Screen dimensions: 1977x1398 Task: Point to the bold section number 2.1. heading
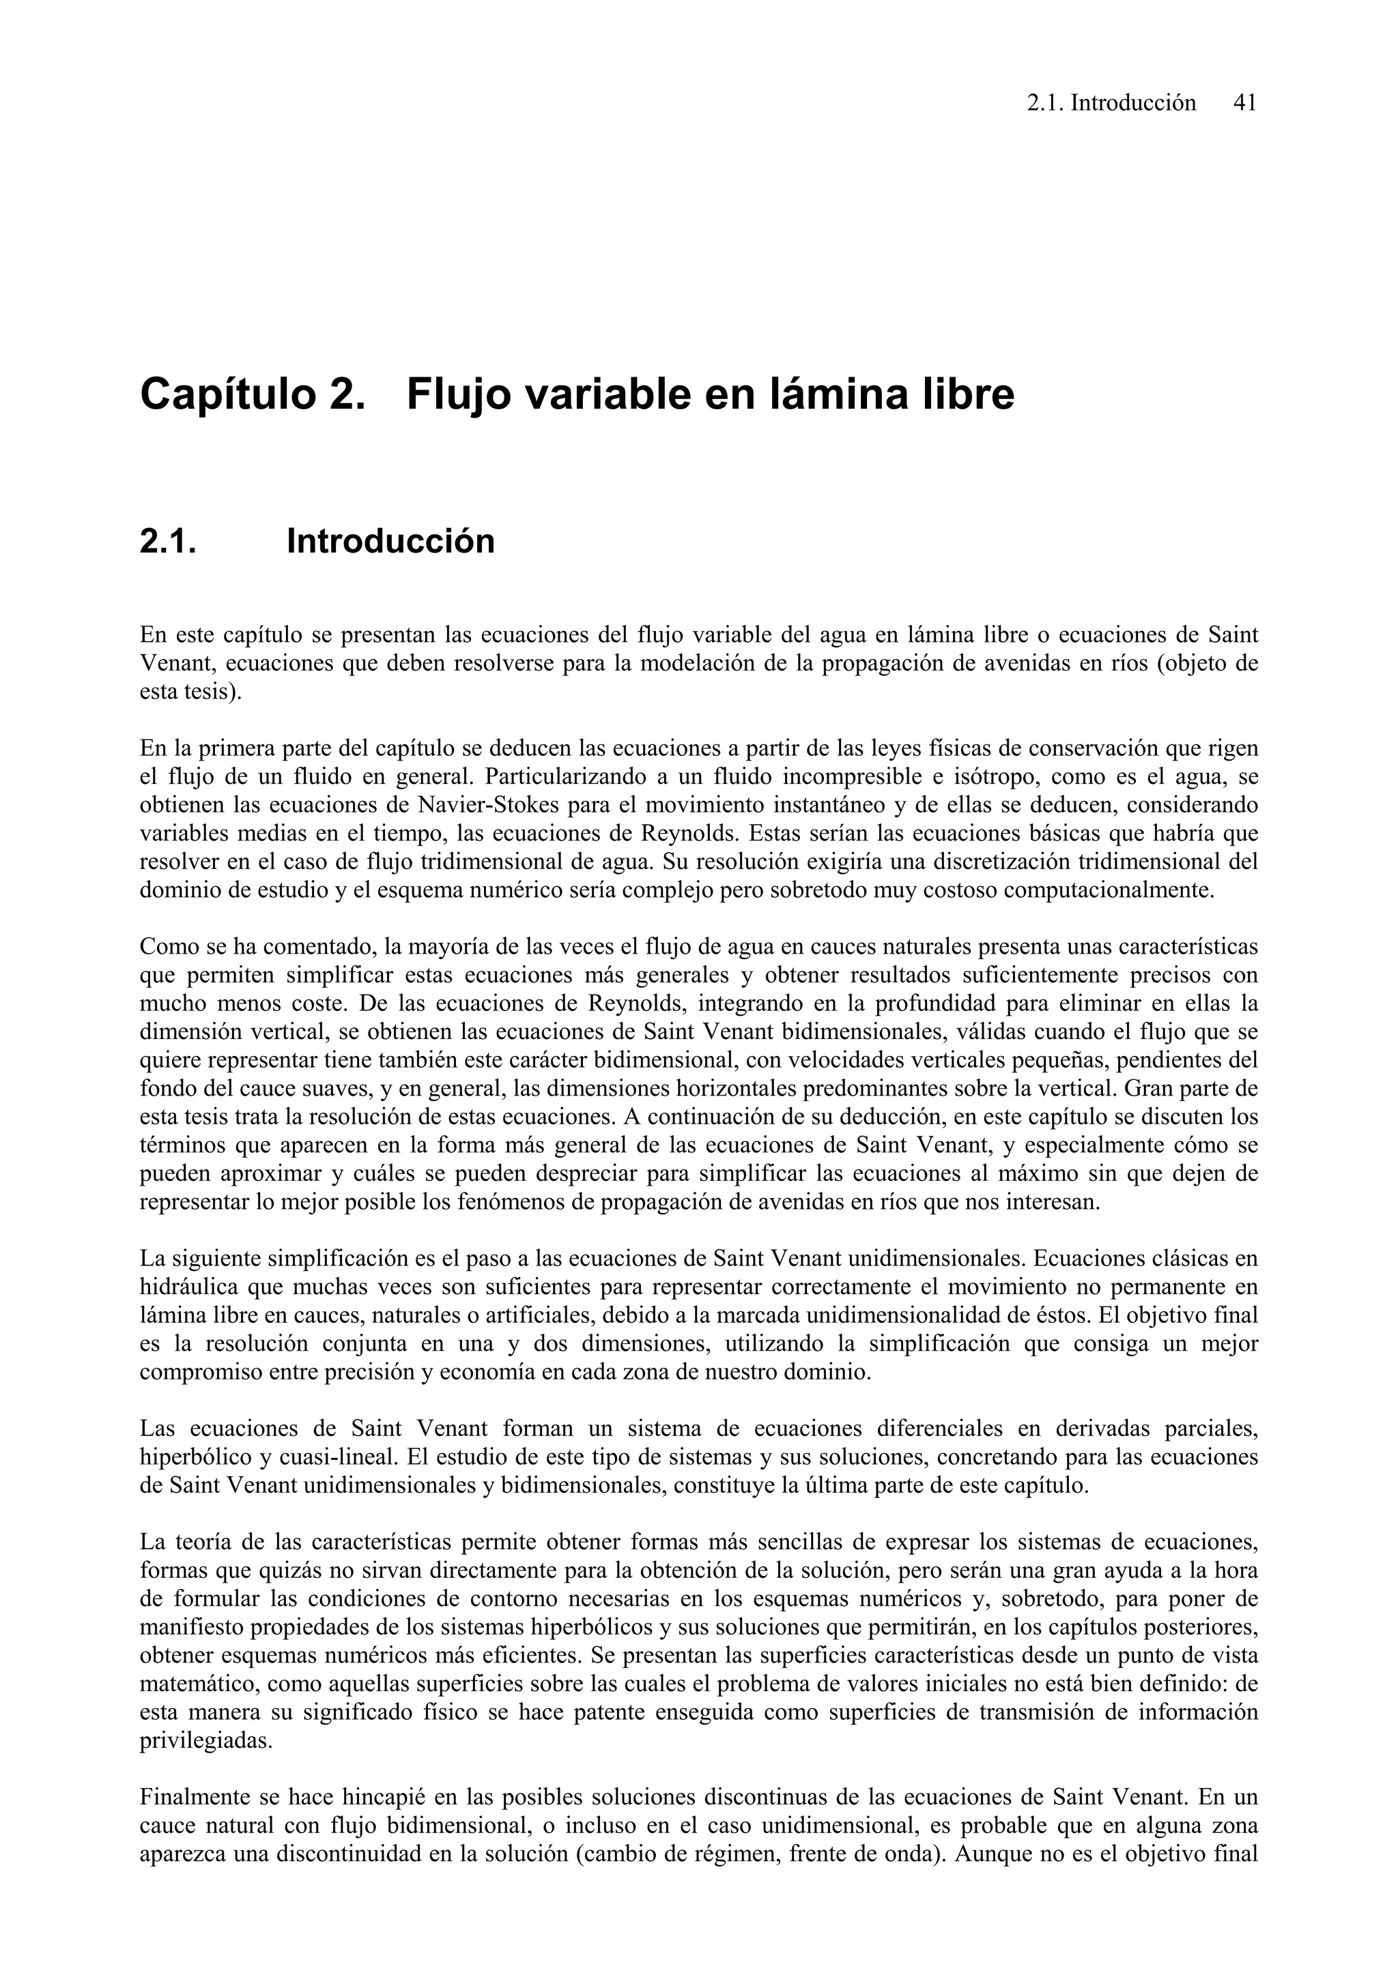coord(168,542)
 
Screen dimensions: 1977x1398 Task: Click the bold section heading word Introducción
coord(390,542)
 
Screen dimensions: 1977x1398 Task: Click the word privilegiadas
coord(205,1740)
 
